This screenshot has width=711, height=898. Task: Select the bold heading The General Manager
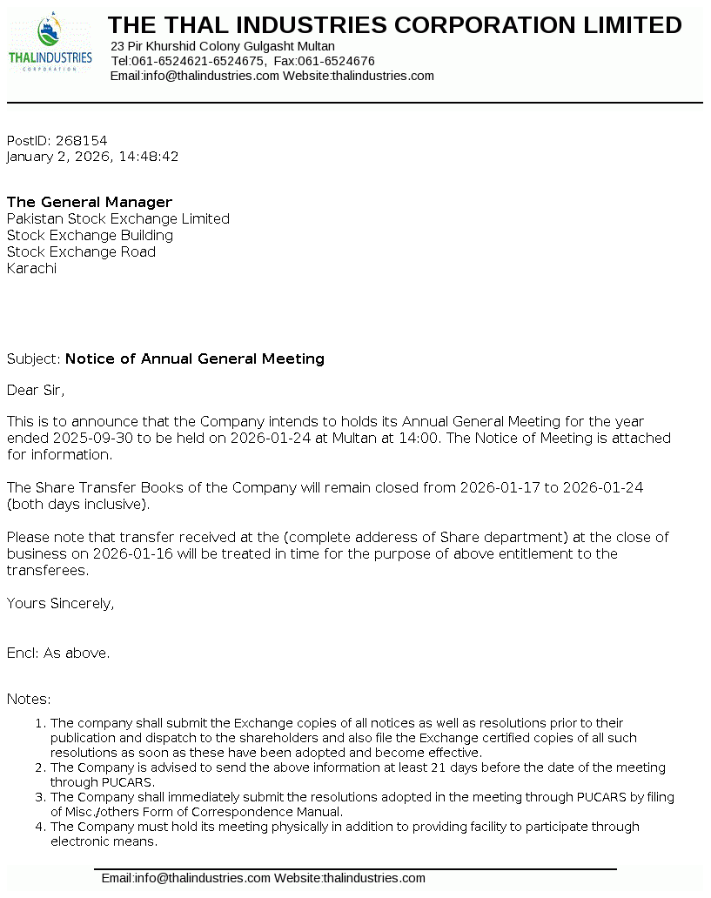[x=90, y=203]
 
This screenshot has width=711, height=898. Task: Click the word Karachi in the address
[x=31, y=269]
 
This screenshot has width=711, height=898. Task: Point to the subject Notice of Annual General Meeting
[x=195, y=359]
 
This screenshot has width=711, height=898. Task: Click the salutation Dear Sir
[x=36, y=390]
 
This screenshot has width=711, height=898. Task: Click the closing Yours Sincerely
[x=60, y=603]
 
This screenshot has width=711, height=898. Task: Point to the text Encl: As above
[x=58, y=653]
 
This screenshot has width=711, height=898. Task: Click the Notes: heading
[x=29, y=699]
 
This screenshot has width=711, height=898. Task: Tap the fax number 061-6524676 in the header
[x=337, y=61]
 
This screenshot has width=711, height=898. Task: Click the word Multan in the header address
[x=316, y=46]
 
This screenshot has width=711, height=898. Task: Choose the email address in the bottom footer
[x=186, y=878]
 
